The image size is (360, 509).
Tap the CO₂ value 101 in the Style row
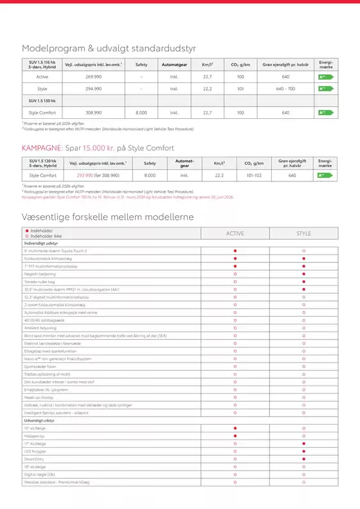[x=240, y=89]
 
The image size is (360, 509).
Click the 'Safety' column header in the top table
[x=141, y=64]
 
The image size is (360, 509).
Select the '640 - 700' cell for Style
[x=285, y=89]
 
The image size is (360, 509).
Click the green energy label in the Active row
[x=325, y=76]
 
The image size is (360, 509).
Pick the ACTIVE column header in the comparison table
[x=236, y=233]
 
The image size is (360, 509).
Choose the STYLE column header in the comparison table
[x=303, y=233]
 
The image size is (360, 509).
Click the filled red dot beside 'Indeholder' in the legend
[x=26, y=231]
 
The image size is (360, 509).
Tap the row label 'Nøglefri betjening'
[x=46, y=273]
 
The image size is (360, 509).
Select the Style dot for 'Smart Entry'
[x=303, y=460]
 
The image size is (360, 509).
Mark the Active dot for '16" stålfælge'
[x=236, y=427]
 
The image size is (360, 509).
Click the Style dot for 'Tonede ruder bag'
[x=303, y=281]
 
